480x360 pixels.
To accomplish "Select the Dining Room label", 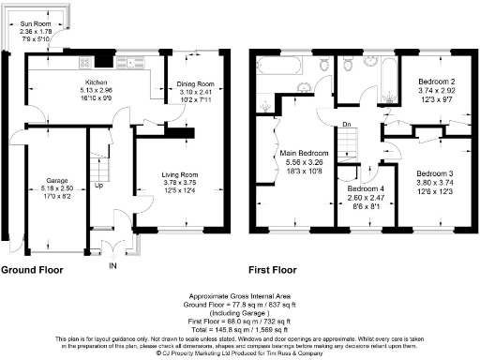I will pyautogui.click(x=197, y=85).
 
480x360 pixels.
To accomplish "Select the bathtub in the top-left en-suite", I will pyautogui.click(x=281, y=67).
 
